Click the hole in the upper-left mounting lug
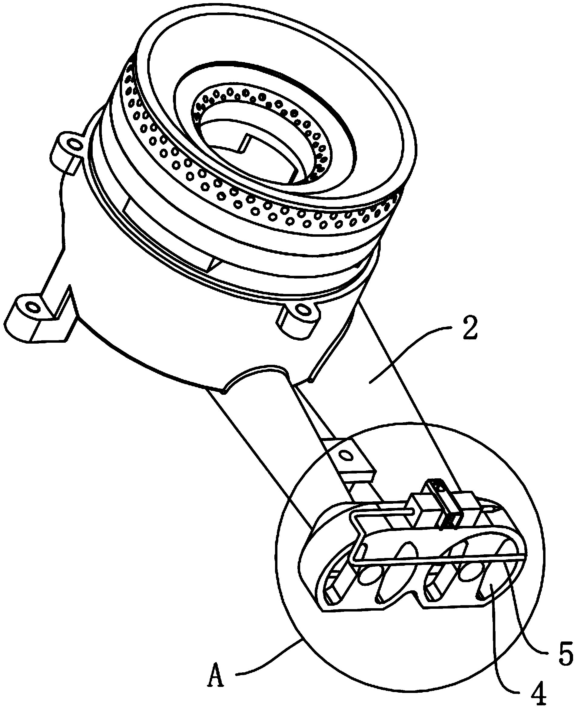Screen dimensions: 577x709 pos(74,144)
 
